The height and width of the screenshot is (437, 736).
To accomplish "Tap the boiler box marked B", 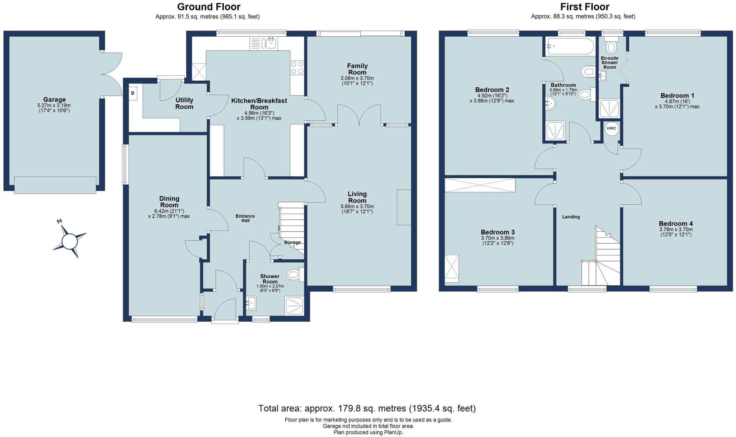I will click(133, 93).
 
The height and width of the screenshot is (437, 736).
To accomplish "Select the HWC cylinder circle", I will click(611, 128).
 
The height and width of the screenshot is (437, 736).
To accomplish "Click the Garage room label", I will click(54, 100).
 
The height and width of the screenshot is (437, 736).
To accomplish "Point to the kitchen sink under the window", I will click(269, 44).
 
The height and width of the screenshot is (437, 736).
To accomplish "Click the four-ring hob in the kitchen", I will click(297, 68).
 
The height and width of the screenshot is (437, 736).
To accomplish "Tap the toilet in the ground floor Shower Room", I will click(294, 276).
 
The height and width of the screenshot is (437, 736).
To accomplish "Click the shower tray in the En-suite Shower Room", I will click(609, 109).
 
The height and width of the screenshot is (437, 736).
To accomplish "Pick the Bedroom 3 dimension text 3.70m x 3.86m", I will click(497, 238).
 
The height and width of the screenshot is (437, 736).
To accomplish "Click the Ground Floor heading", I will click(209, 7).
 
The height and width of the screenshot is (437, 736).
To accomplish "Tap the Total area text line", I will click(367, 409).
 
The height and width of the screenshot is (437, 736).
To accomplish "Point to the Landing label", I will click(571, 217).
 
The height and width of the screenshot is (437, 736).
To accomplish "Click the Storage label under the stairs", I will click(292, 242).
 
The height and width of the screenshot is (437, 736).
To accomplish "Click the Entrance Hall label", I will click(245, 218).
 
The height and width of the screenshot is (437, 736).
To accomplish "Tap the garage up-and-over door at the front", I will click(55, 185).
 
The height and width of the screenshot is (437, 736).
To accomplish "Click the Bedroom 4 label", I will click(676, 224).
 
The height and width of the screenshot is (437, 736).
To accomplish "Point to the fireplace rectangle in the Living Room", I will click(404, 207).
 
